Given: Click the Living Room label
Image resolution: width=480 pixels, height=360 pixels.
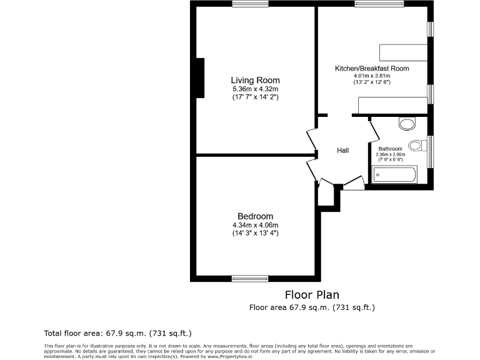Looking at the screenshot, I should pyautogui.click(x=255, y=80).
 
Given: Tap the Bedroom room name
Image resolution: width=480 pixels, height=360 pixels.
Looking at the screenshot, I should pyautogui.click(x=255, y=216).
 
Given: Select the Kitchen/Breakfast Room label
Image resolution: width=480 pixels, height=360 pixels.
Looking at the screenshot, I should pyautogui.click(x=372, y=68).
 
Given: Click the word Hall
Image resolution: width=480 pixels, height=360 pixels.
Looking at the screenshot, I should pyautogui.click(x=343, y=150).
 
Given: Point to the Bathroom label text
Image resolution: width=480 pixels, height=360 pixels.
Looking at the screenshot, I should pyautogui.click(x=390, y=149).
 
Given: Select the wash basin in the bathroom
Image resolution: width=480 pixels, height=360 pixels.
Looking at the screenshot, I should pyautogui.click(x=407, y=123).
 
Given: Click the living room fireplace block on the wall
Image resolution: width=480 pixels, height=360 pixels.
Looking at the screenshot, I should pyautogui.click(x=201, y=77).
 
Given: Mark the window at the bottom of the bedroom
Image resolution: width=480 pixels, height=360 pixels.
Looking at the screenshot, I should pyautogui.click(x=249, y=278).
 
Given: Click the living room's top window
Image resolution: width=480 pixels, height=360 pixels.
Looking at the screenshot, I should pyautogui.click(x=249, y=4).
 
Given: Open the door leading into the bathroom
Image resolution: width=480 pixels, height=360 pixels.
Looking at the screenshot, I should pyautogui.click(x=374, y=131).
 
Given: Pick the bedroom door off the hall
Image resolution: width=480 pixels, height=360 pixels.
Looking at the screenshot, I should pyautogui.click(x=312, y=169).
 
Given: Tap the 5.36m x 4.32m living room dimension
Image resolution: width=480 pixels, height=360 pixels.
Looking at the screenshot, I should pyautogui.click(x=255, y=89).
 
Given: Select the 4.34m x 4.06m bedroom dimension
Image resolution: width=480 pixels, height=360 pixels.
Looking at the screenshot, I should pyautogui.click(x=255, y=225).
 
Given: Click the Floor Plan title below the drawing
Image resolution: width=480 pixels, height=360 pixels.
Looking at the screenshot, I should pyautogui.click(x=312, y=295).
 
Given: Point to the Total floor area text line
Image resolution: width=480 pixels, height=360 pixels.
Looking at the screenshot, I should pyautogui.click(x=117, y=332).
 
